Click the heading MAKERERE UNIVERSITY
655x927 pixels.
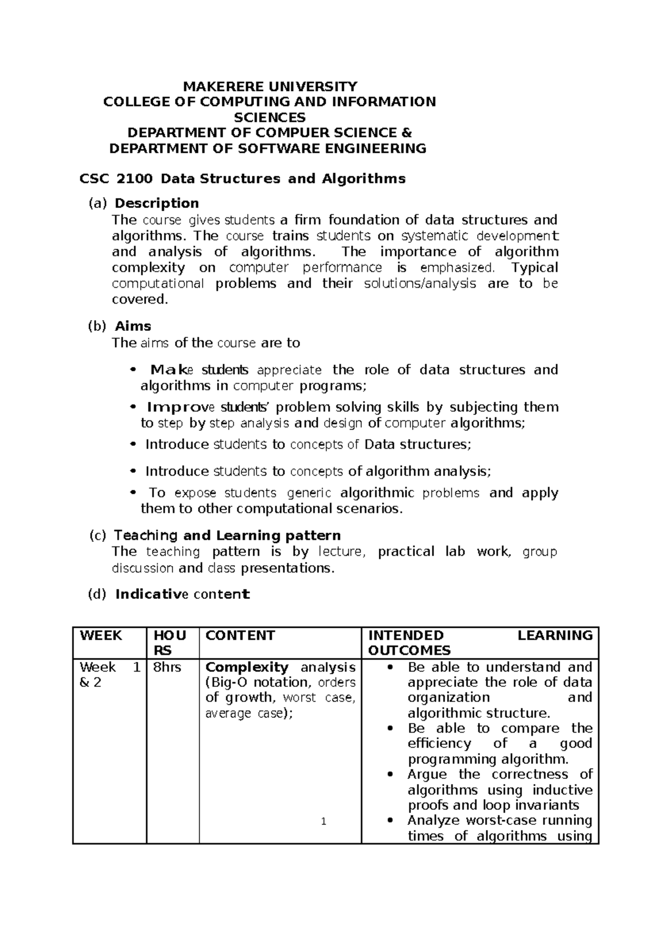[270, 86]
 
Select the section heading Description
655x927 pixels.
[157, 204]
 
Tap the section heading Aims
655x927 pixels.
[133, 326]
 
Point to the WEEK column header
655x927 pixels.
[101, 635]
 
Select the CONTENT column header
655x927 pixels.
[240, 635]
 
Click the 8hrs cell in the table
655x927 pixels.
[166, 667]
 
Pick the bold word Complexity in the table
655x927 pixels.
[247, 667]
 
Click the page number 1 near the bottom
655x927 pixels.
[324, 822]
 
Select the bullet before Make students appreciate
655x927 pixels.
[132, 370]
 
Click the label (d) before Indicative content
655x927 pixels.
[97, 595]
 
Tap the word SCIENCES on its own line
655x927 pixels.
[270, 117]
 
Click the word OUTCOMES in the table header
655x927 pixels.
[409, 651]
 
